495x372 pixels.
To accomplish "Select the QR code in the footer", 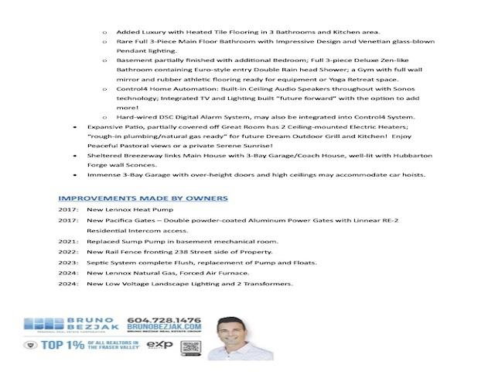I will (x=190, y=346).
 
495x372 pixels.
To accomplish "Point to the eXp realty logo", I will (x=159, y=346).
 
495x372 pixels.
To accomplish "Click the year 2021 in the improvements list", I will (x=67, y=241).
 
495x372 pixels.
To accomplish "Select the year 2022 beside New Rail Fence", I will (x=67, y=252).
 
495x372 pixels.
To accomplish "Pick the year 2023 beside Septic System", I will (x=67, y=262).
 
